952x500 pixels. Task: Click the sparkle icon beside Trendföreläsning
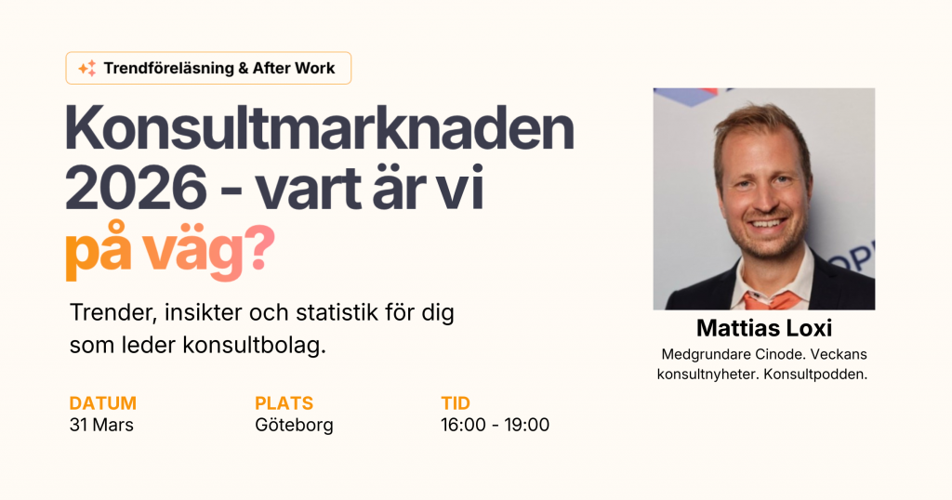(x=86, y=68)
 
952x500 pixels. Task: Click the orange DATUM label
(x=102, y=403)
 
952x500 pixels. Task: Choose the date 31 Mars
(x=101, y=426)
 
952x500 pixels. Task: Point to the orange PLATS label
(x=284, y=403)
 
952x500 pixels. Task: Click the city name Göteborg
(x=294, y=426)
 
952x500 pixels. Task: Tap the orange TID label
(x=456, y=403)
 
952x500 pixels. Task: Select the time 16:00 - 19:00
(x=495, y=426)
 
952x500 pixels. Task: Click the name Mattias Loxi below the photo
(x=763, y=329)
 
